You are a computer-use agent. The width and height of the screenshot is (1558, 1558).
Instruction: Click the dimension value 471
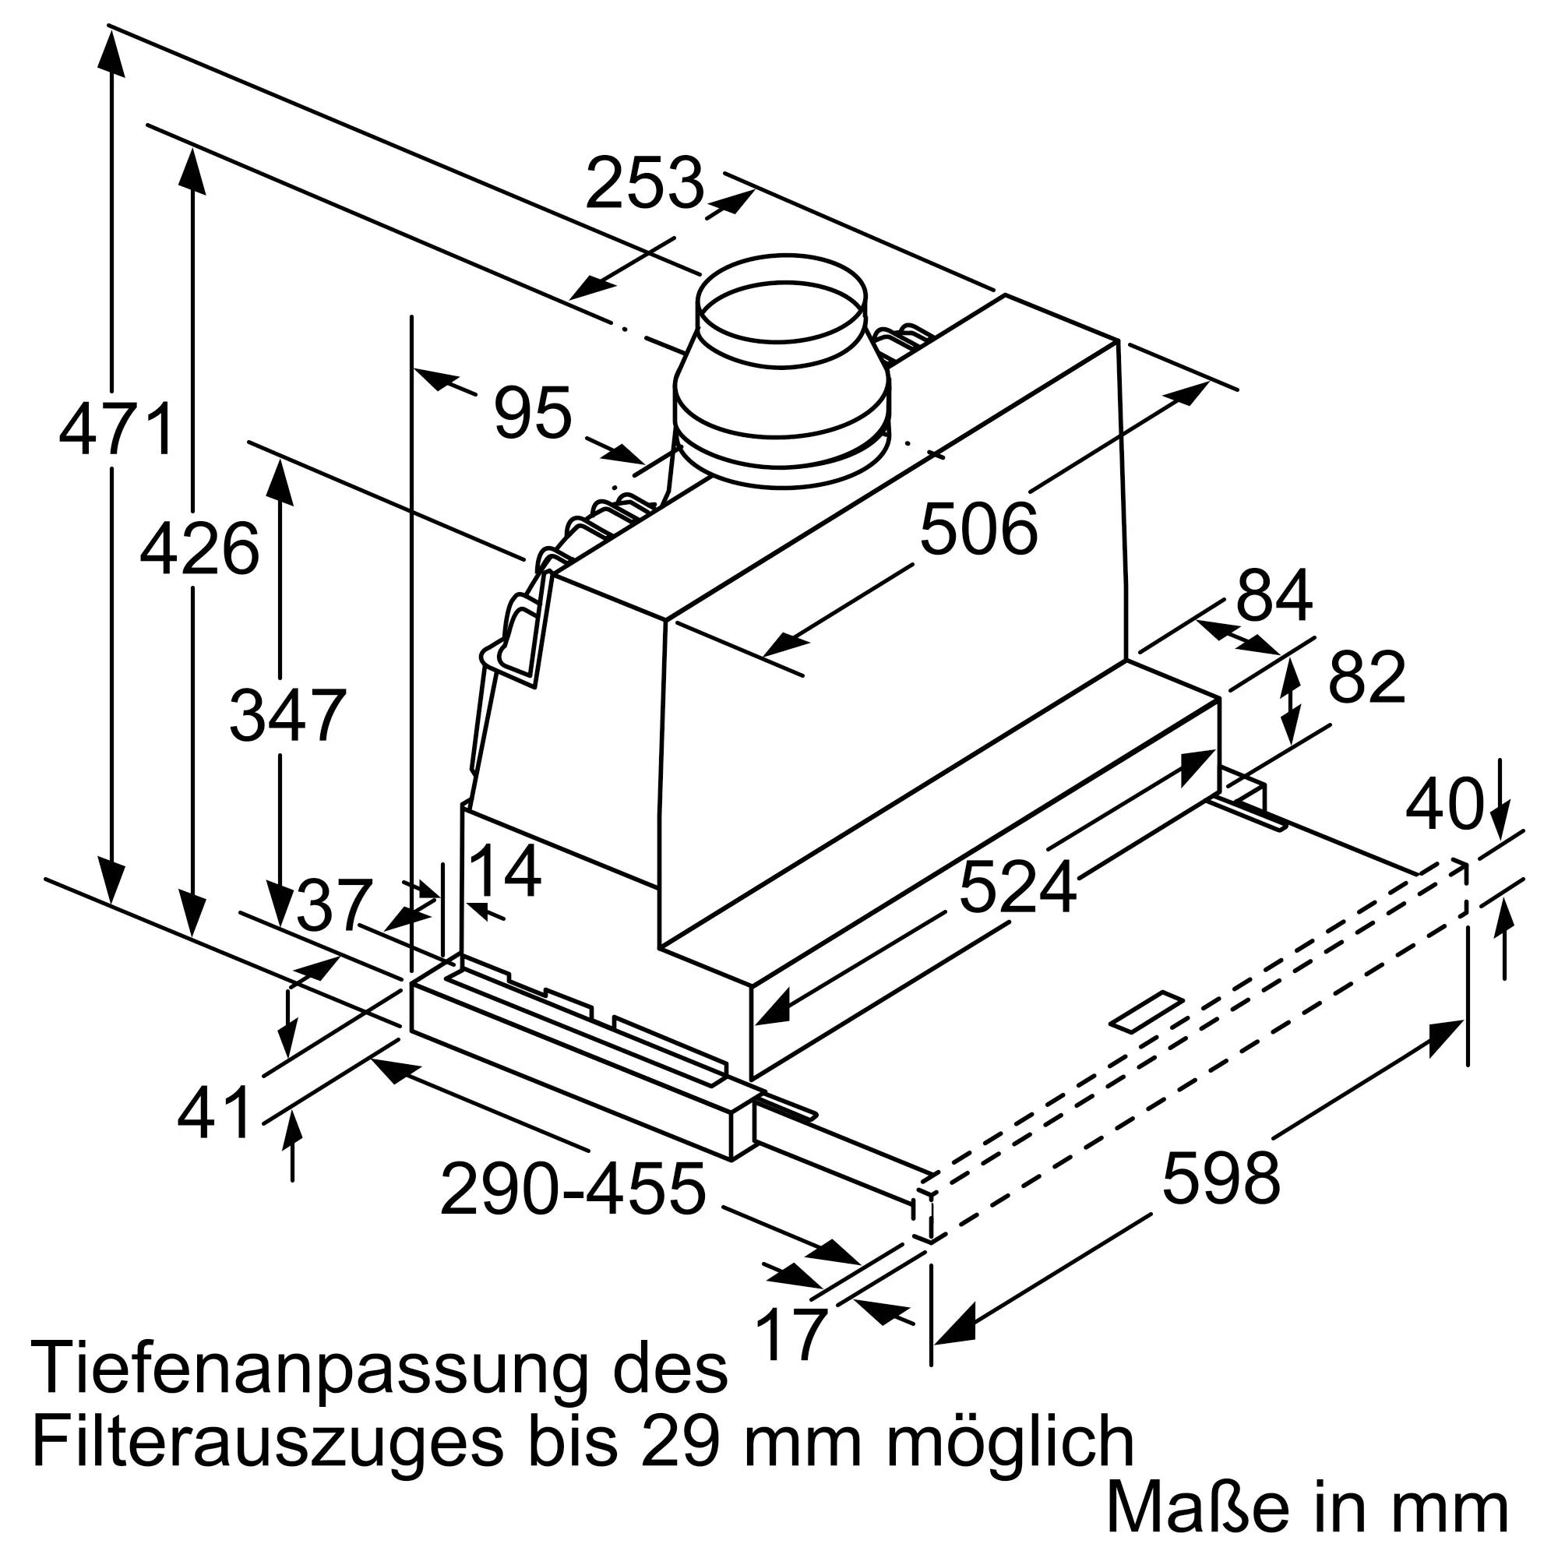pos(117,430)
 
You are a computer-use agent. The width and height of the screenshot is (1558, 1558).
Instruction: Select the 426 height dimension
pos(199,548)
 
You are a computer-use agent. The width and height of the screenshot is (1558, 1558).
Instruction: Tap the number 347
pos(288,715)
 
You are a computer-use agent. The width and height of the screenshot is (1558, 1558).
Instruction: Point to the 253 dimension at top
pos(644,183)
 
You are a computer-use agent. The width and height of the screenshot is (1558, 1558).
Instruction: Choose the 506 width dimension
pos(978,529)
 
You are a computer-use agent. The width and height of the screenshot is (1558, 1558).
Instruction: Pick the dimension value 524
pos(1017,887)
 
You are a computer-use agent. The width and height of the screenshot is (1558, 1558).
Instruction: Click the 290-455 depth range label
pos(573,1189)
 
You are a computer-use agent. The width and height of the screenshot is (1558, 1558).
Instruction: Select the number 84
pos(1274,596)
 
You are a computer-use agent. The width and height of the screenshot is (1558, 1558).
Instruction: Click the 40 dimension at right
pos(1443,803)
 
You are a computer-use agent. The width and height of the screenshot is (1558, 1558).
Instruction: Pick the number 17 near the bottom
pos(793,1333)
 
